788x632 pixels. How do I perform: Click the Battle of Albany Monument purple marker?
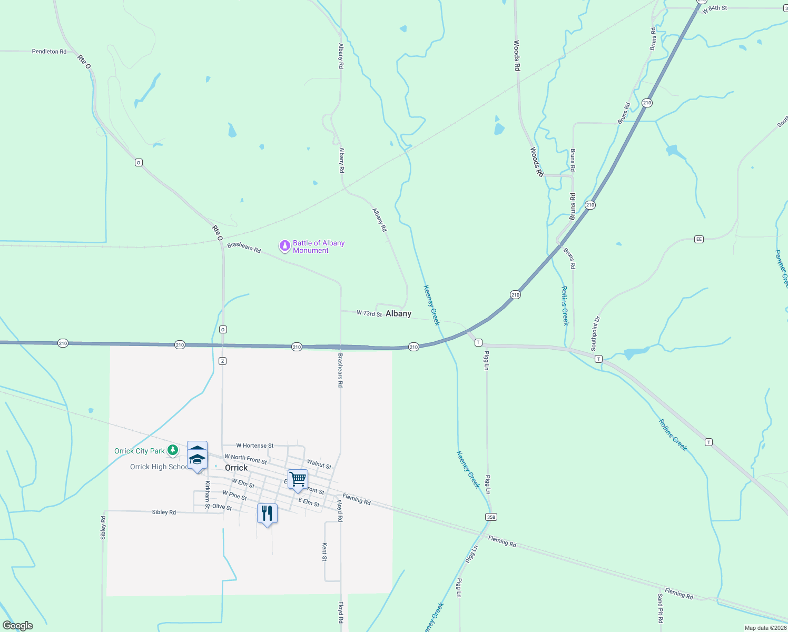click(x=285, y=246)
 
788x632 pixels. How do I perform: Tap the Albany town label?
click(x=398, y=313)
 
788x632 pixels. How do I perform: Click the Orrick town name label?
click(x=236, y=468)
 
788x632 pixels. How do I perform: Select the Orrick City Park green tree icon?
click(x=173, y=450)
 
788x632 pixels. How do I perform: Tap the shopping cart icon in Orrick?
click(x=298, y=479)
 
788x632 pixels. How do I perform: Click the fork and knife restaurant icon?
click(x=267, y=513)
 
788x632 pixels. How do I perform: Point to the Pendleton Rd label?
click(x=49, y=52)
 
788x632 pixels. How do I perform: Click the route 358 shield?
click(x=491, y=517)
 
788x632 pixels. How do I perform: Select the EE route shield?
click(x=699, y=239)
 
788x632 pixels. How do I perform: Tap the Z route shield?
click(x=223, y=361)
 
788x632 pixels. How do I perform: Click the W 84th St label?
click(x=714, y=9)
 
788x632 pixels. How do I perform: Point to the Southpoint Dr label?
click(x=595, y=334)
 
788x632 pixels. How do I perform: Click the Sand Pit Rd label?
click(x=660, y=608)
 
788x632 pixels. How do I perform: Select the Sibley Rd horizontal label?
click(x=164, y=512)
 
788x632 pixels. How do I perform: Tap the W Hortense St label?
click(x=254, y=446)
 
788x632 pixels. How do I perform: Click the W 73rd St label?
click(x=369, y=313)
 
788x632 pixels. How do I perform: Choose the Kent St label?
click(x=324, y=552)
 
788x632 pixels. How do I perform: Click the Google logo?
click(x=18, y=626)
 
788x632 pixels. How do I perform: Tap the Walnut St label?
click(x=319, y=464)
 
